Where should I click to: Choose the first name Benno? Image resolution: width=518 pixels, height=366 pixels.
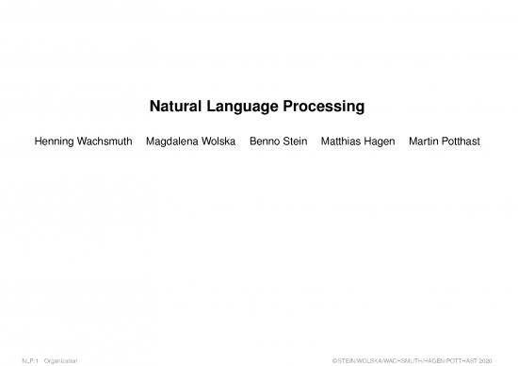[x=265, y=141]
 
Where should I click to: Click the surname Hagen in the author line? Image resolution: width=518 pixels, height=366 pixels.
[x=380, y=141]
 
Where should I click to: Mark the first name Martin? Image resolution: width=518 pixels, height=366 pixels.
[x=425, y=141]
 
